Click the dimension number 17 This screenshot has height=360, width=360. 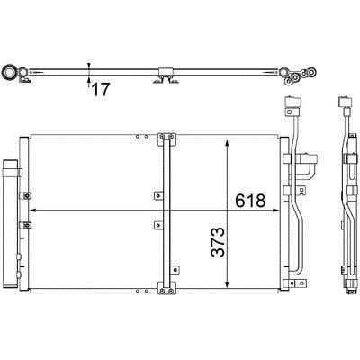click(101, 89)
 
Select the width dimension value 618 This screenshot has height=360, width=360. click(250, 201)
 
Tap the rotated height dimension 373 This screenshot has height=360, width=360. click(218, 242)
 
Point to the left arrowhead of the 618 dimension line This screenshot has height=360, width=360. click(33, 211)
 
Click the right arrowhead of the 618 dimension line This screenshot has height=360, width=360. click(275, 211)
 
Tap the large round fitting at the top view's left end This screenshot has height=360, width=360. click(8, 73)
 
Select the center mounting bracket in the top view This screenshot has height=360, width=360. click(166, 76)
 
